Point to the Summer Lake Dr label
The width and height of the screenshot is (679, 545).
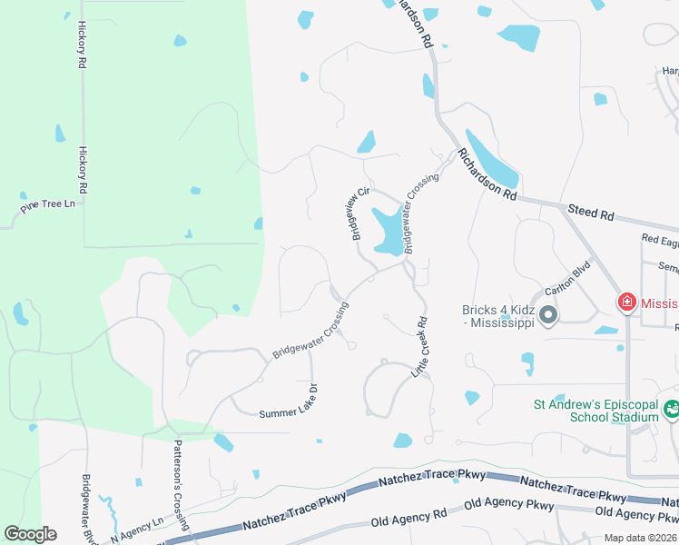289,401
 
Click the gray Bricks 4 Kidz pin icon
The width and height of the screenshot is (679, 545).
547,315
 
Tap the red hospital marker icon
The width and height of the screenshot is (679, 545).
625,302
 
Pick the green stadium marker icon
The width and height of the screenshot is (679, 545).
671,410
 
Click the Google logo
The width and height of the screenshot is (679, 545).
30,534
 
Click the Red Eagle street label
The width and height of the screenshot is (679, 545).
659,239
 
